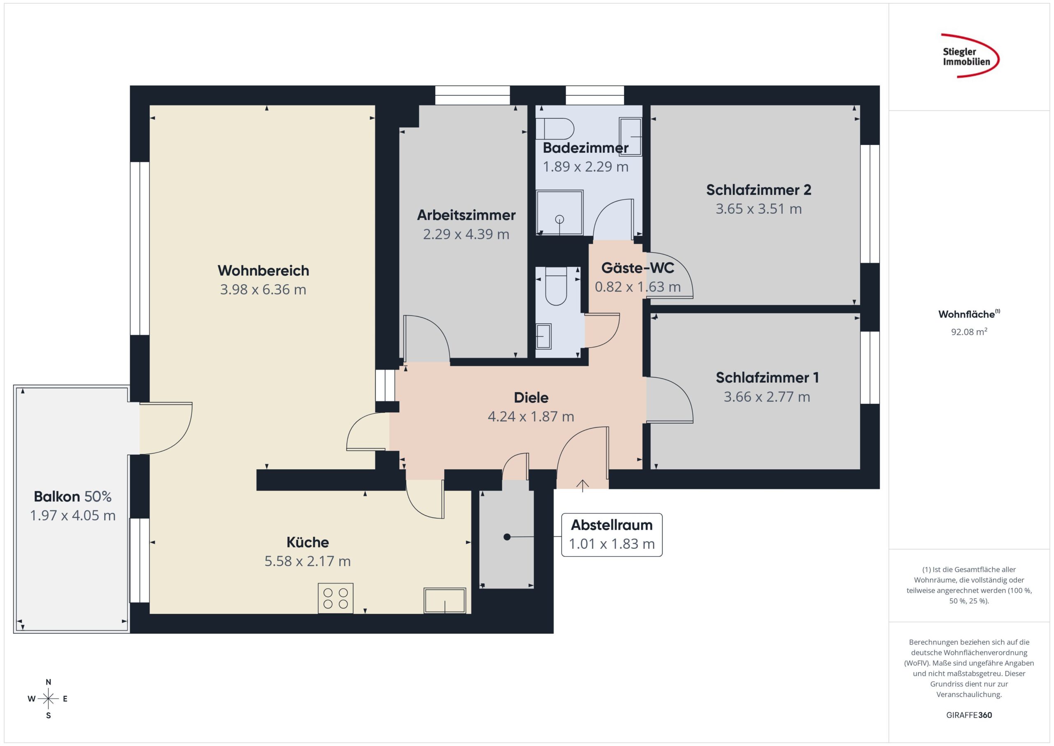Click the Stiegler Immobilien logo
click(970, 56)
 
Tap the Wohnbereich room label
click(263, 271)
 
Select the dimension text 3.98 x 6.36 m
click(263, 290)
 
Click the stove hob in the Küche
click(336, 598)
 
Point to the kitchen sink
click(445, 600)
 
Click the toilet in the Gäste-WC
click(556, 286)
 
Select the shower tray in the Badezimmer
click(560, 213)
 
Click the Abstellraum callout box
click(612, 535)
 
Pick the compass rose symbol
click(48, 699)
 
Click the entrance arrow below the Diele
click(583, 486)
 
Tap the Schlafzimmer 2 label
click(759, 190)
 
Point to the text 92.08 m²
click(969, 331)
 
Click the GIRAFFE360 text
click(969, 715)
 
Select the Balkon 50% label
click(72, 496)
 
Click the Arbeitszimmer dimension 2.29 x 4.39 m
click(466, 234)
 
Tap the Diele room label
click(531, 398)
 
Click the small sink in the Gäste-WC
click(543, 336)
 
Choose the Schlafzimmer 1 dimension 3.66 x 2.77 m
click(767, 396)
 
